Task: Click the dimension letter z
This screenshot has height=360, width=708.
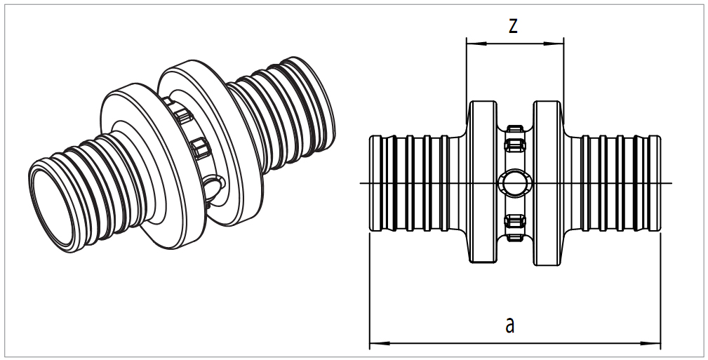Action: coord(513,27)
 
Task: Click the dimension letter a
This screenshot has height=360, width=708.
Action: coord(510,325)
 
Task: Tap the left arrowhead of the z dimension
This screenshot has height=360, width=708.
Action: coord(472,44)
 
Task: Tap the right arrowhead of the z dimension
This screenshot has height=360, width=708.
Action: coord(559,44)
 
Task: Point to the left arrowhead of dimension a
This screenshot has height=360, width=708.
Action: coord(375,343)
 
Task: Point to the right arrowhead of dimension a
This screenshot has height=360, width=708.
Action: coord(655,343)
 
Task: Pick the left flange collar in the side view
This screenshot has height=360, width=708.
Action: coord(482,183)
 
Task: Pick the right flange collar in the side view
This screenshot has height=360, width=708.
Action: coord(547,183)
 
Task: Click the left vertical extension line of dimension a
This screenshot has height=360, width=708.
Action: coord(370,295)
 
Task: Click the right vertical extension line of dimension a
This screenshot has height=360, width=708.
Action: coord(660,295)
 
